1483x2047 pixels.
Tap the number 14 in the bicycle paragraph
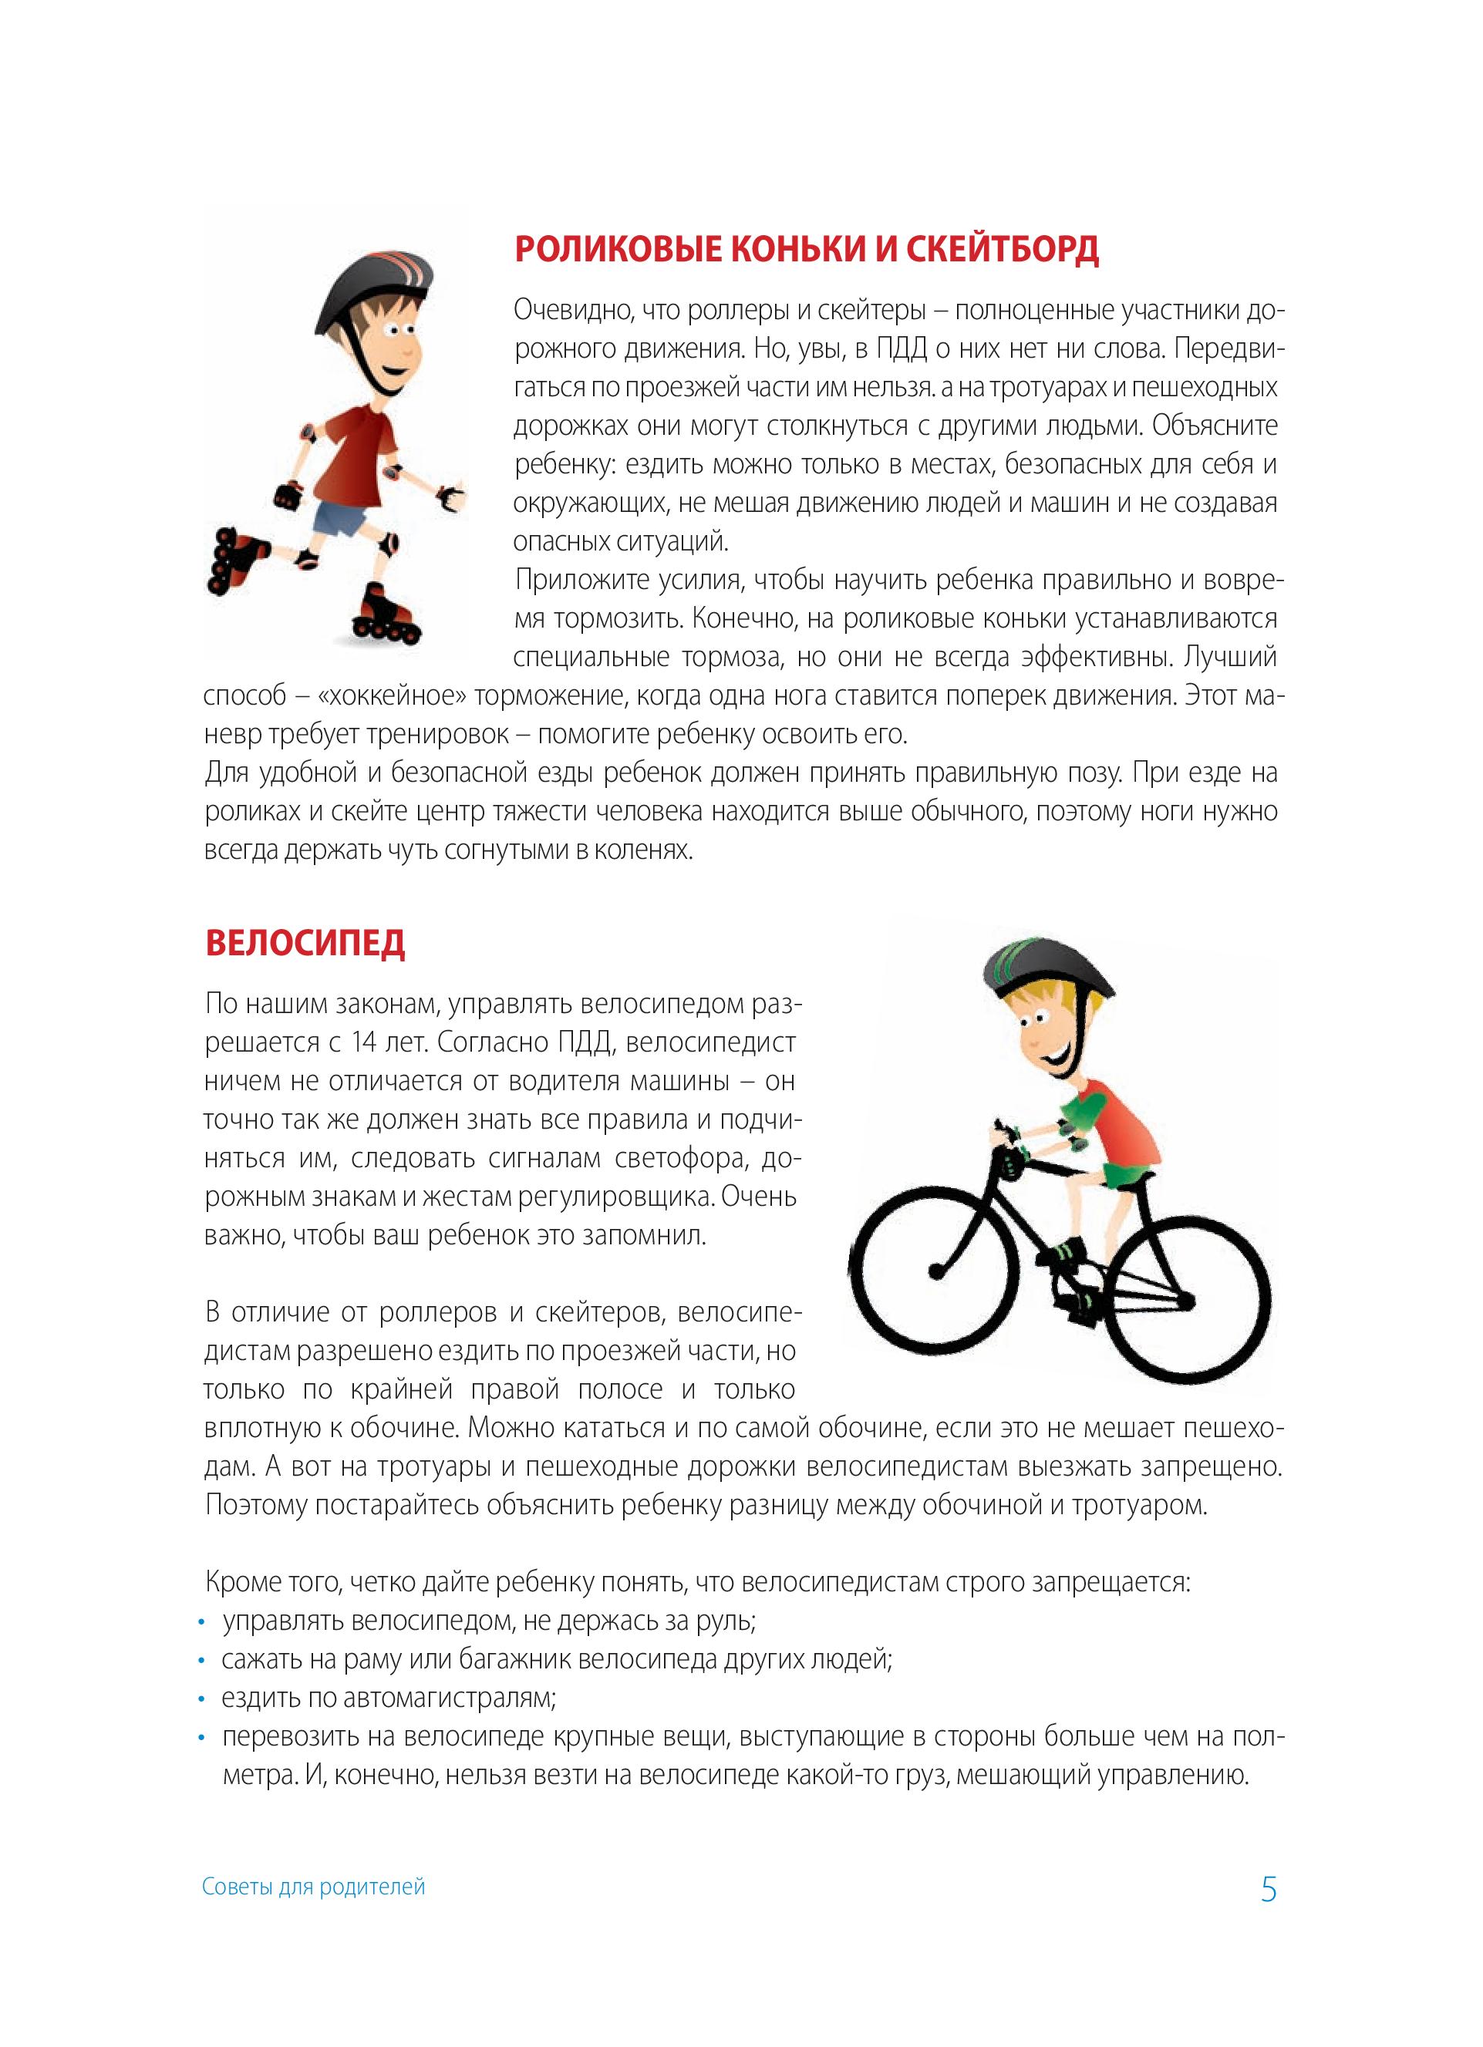pos(364,1042)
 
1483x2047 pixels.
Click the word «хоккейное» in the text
pos(392,696)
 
